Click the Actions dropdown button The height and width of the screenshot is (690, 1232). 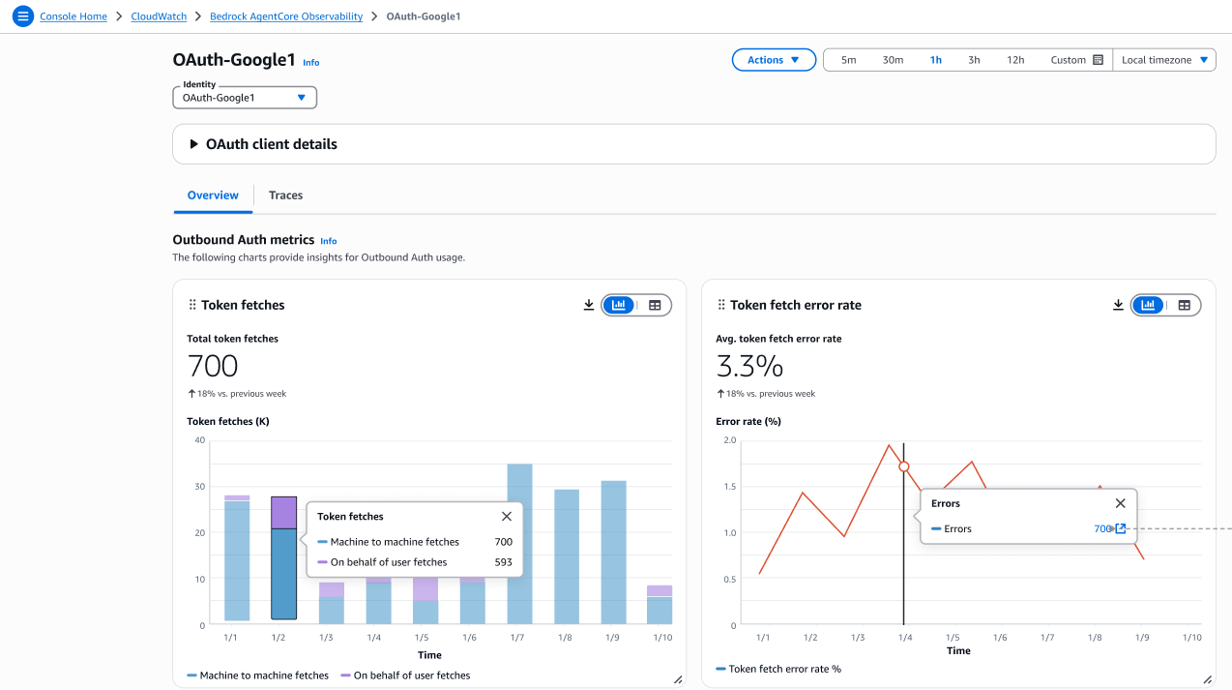point(774,60)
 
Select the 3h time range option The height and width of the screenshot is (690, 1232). point(974,60)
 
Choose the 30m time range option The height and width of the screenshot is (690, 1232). point(893,60)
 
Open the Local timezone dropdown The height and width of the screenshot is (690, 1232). point(1164,60)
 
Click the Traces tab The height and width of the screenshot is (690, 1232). point(285,195)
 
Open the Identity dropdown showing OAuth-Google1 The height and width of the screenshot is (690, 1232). point(245,98)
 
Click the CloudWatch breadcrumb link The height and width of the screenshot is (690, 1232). point(160,16)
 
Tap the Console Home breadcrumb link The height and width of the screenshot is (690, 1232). point(73,16)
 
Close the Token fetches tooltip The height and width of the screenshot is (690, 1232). point(507,517)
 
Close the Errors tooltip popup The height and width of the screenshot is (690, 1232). point(1120,503)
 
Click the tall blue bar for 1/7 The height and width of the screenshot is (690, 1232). point(519,543)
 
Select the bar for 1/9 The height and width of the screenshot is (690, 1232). point(614,552)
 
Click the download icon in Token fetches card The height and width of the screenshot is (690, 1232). point(589,305)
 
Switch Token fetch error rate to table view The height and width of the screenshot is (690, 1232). point(1184,305)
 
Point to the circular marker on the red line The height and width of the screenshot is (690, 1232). point(904,466)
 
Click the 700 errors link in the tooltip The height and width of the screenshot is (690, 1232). point(1103,529)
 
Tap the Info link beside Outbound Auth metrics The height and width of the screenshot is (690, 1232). point(329,241)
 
